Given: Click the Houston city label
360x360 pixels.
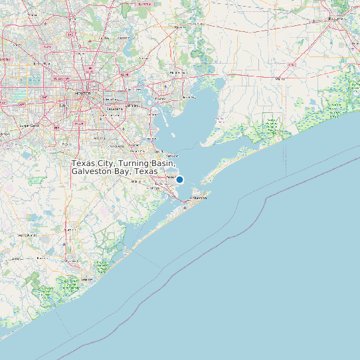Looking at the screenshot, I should coord(83,93).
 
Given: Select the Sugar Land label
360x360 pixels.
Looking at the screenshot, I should coord(29,125).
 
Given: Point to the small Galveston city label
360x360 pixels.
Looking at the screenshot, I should coord(199,198).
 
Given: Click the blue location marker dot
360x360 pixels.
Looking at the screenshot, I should coord(179,179).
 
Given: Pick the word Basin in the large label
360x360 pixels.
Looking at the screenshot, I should coord(162,163).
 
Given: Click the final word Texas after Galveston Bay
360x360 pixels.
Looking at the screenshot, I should coord(146,171).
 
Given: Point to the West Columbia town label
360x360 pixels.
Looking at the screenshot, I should coord(27,235).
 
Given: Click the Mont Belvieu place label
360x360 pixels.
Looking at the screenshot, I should coord(178,72).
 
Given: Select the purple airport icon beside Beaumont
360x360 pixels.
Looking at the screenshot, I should coord(314,20).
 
